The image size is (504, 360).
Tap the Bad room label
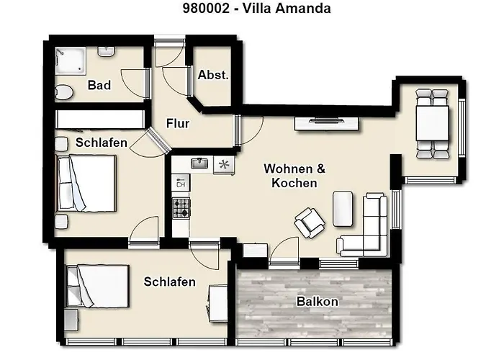[x=99, y=86]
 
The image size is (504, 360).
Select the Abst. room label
[x=213, y=76]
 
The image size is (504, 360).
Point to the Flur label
[x=178, y=124]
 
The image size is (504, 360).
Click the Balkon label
[x=318, y=302]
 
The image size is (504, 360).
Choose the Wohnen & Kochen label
[x=294, y=176]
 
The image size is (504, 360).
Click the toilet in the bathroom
[x=63, y=91]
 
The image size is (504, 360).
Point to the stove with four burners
[x=181, y=208]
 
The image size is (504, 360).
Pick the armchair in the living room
[x=310, y=222]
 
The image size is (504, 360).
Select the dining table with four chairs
[x=431, y=122]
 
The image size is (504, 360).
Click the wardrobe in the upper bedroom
[x=99, y=118]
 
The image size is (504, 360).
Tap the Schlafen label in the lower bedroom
[x=169, y=282]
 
